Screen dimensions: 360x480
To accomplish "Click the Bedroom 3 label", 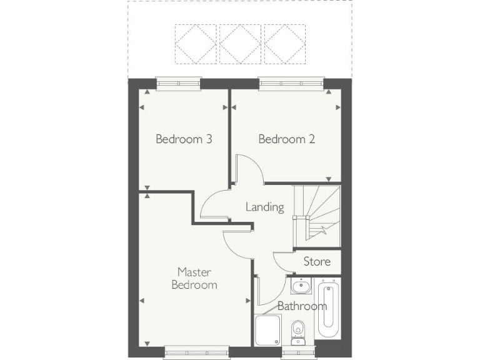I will click(x=184, y=139).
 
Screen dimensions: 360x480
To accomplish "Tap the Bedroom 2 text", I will click(x=287, y=139).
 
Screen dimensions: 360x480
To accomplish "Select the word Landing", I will click(x=264, y=207).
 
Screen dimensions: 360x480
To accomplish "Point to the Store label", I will click(x=316, y=261).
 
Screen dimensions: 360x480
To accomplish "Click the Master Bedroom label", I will click(x=195, y=278).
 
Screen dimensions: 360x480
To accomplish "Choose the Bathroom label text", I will click(x=302, y=306).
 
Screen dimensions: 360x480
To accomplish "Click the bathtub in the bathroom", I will click(x=327, y=309).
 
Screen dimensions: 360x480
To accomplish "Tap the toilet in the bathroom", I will click(x=298, y=327).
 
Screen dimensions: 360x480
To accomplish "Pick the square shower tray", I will click(x=268, y=330).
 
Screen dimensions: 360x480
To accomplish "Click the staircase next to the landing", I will click(x=319, y=212).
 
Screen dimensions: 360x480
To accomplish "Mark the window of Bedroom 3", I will click(x=179, y=82).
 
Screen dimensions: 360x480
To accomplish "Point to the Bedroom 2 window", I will click(x=292, y=82).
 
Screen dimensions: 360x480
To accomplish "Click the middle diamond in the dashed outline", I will click(x=240, y=44).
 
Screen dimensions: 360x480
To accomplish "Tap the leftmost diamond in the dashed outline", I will click(x=196, y=44).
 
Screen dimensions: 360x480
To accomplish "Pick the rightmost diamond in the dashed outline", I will click(x=284, y=44).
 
